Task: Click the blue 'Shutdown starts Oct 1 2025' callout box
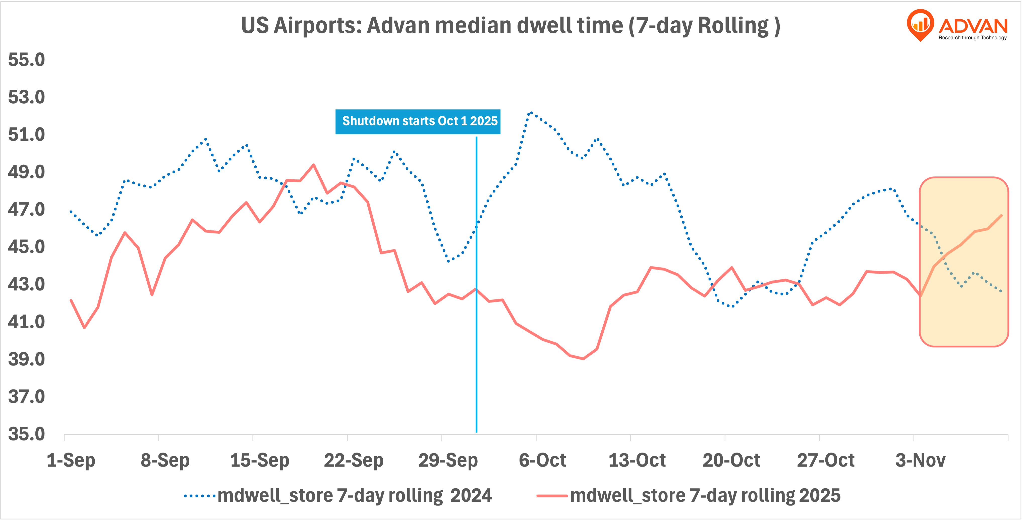pyautogui.click(x=418, y=121)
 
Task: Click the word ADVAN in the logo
pyautogui.click(x=973, y=26)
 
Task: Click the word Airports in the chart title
pyautogui.click(x=317, y=26)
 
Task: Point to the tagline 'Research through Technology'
pyautogui.click(x=973, y=38)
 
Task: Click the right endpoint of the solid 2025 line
pyautogui.click(x=1002, y=216)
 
